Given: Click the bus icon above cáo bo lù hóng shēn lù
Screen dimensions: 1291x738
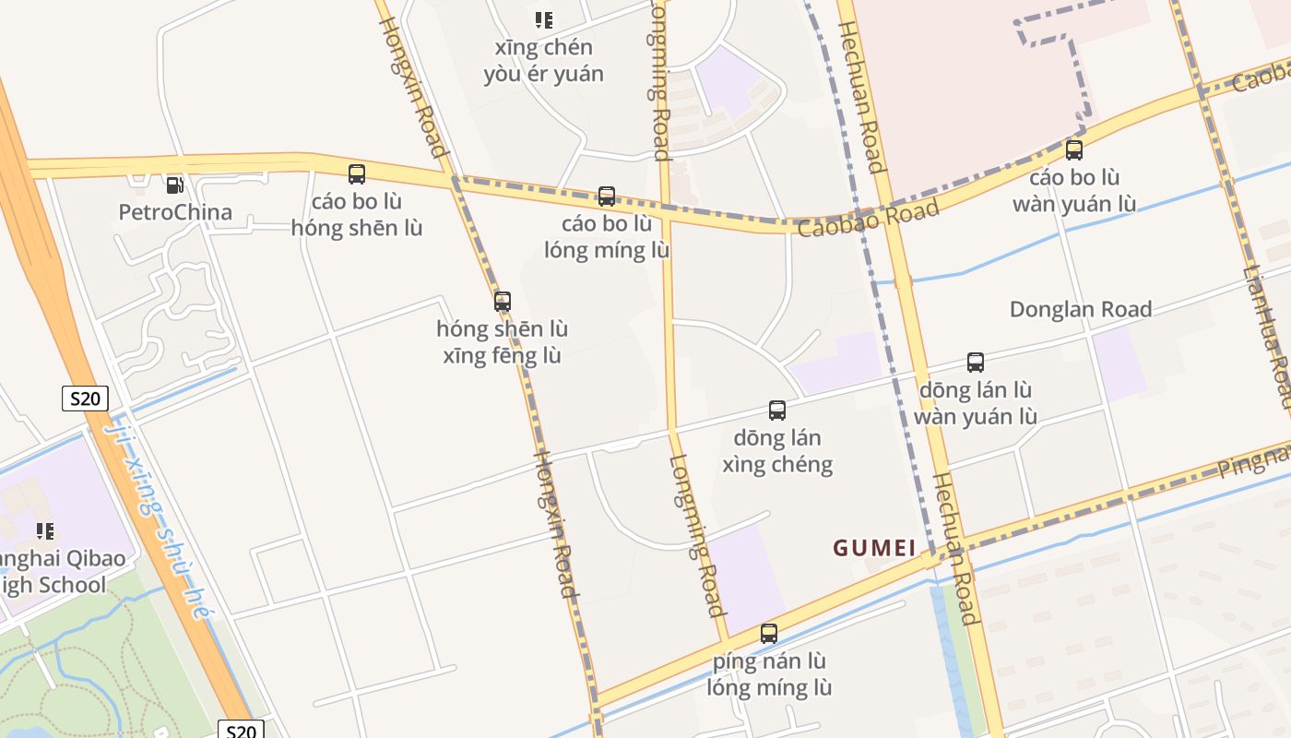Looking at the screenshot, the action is point(357,173).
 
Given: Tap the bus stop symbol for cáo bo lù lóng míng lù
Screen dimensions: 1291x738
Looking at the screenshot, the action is point(607,196).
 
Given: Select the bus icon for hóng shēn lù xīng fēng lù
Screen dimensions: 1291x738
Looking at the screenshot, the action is point(503,302).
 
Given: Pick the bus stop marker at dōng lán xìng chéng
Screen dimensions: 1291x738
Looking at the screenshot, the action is point(777,410).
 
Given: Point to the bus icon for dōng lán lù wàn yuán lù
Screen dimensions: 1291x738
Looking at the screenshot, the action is point(976,363).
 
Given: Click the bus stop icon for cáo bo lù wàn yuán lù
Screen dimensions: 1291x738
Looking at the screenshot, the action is point(1074,149).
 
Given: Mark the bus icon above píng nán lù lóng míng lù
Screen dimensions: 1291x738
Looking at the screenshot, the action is point(769,634).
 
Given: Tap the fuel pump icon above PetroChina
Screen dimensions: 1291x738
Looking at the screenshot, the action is point(174,184).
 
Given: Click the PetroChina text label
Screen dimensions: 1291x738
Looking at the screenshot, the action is point(175,212).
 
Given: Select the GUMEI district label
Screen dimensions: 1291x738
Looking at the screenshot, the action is point(874,548).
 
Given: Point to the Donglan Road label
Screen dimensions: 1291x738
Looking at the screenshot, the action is point(1081,309).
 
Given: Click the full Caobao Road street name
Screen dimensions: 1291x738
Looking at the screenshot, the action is point(868,218).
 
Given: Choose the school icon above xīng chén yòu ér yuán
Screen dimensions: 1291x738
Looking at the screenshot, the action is point(544,19).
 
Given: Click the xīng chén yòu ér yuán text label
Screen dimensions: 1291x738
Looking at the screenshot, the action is point(544,61).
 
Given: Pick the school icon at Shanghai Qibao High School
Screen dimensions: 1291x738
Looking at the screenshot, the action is point(44,530).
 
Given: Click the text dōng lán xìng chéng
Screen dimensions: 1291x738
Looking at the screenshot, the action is point(777,450).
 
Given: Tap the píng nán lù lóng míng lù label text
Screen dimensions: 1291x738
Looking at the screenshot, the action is point(769,674).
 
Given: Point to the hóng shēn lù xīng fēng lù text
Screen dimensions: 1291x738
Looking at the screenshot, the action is point(503,342).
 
